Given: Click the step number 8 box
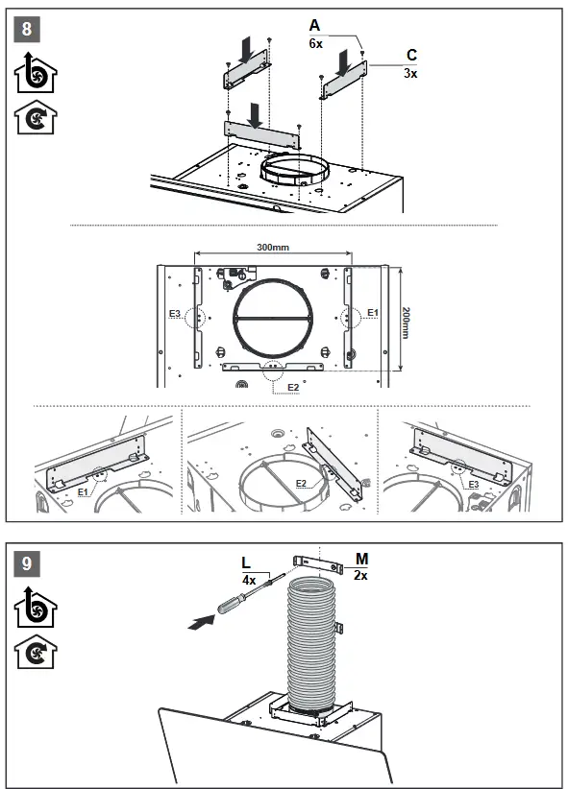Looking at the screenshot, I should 26,28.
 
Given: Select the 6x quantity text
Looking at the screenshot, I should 315,43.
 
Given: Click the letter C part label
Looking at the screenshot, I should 411,56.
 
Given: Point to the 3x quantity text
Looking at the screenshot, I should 410,73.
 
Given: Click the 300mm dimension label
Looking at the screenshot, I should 273,248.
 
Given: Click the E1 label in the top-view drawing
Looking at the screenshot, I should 374,313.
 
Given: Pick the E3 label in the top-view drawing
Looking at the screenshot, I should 175,314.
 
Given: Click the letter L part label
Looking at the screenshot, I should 248,562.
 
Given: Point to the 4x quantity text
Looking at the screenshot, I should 248,581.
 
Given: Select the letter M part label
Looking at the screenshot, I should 361,559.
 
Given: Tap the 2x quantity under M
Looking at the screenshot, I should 361,575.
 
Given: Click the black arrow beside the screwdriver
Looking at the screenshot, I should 198,622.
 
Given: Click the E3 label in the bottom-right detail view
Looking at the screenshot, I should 473,485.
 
